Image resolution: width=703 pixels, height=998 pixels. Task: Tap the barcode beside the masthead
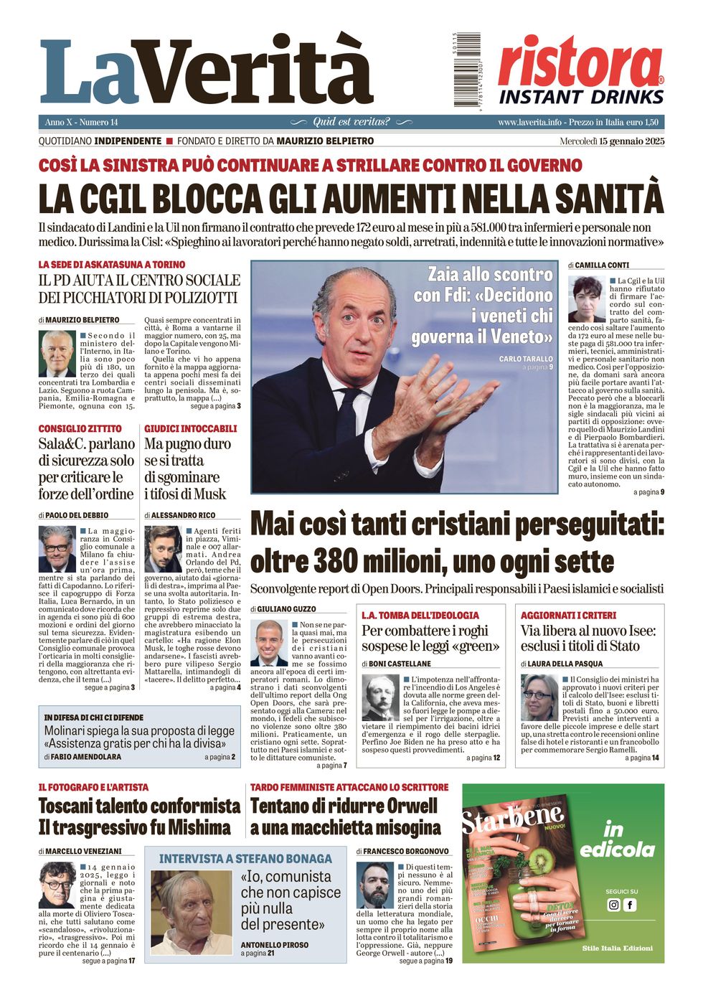coord(466,70)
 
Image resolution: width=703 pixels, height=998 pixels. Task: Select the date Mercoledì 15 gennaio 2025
coord(612,141)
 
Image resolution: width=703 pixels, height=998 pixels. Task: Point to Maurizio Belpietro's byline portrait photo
coord(57,354)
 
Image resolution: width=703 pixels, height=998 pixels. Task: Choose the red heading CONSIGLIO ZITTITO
coord(80,428)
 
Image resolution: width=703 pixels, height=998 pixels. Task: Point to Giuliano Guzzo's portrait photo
coord(270,643)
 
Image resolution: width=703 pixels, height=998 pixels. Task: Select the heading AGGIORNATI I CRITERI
coord(568,615)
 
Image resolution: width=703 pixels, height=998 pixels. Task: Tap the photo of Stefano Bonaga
coord(192,912)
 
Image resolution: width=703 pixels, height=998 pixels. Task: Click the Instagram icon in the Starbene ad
coord(613,905)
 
